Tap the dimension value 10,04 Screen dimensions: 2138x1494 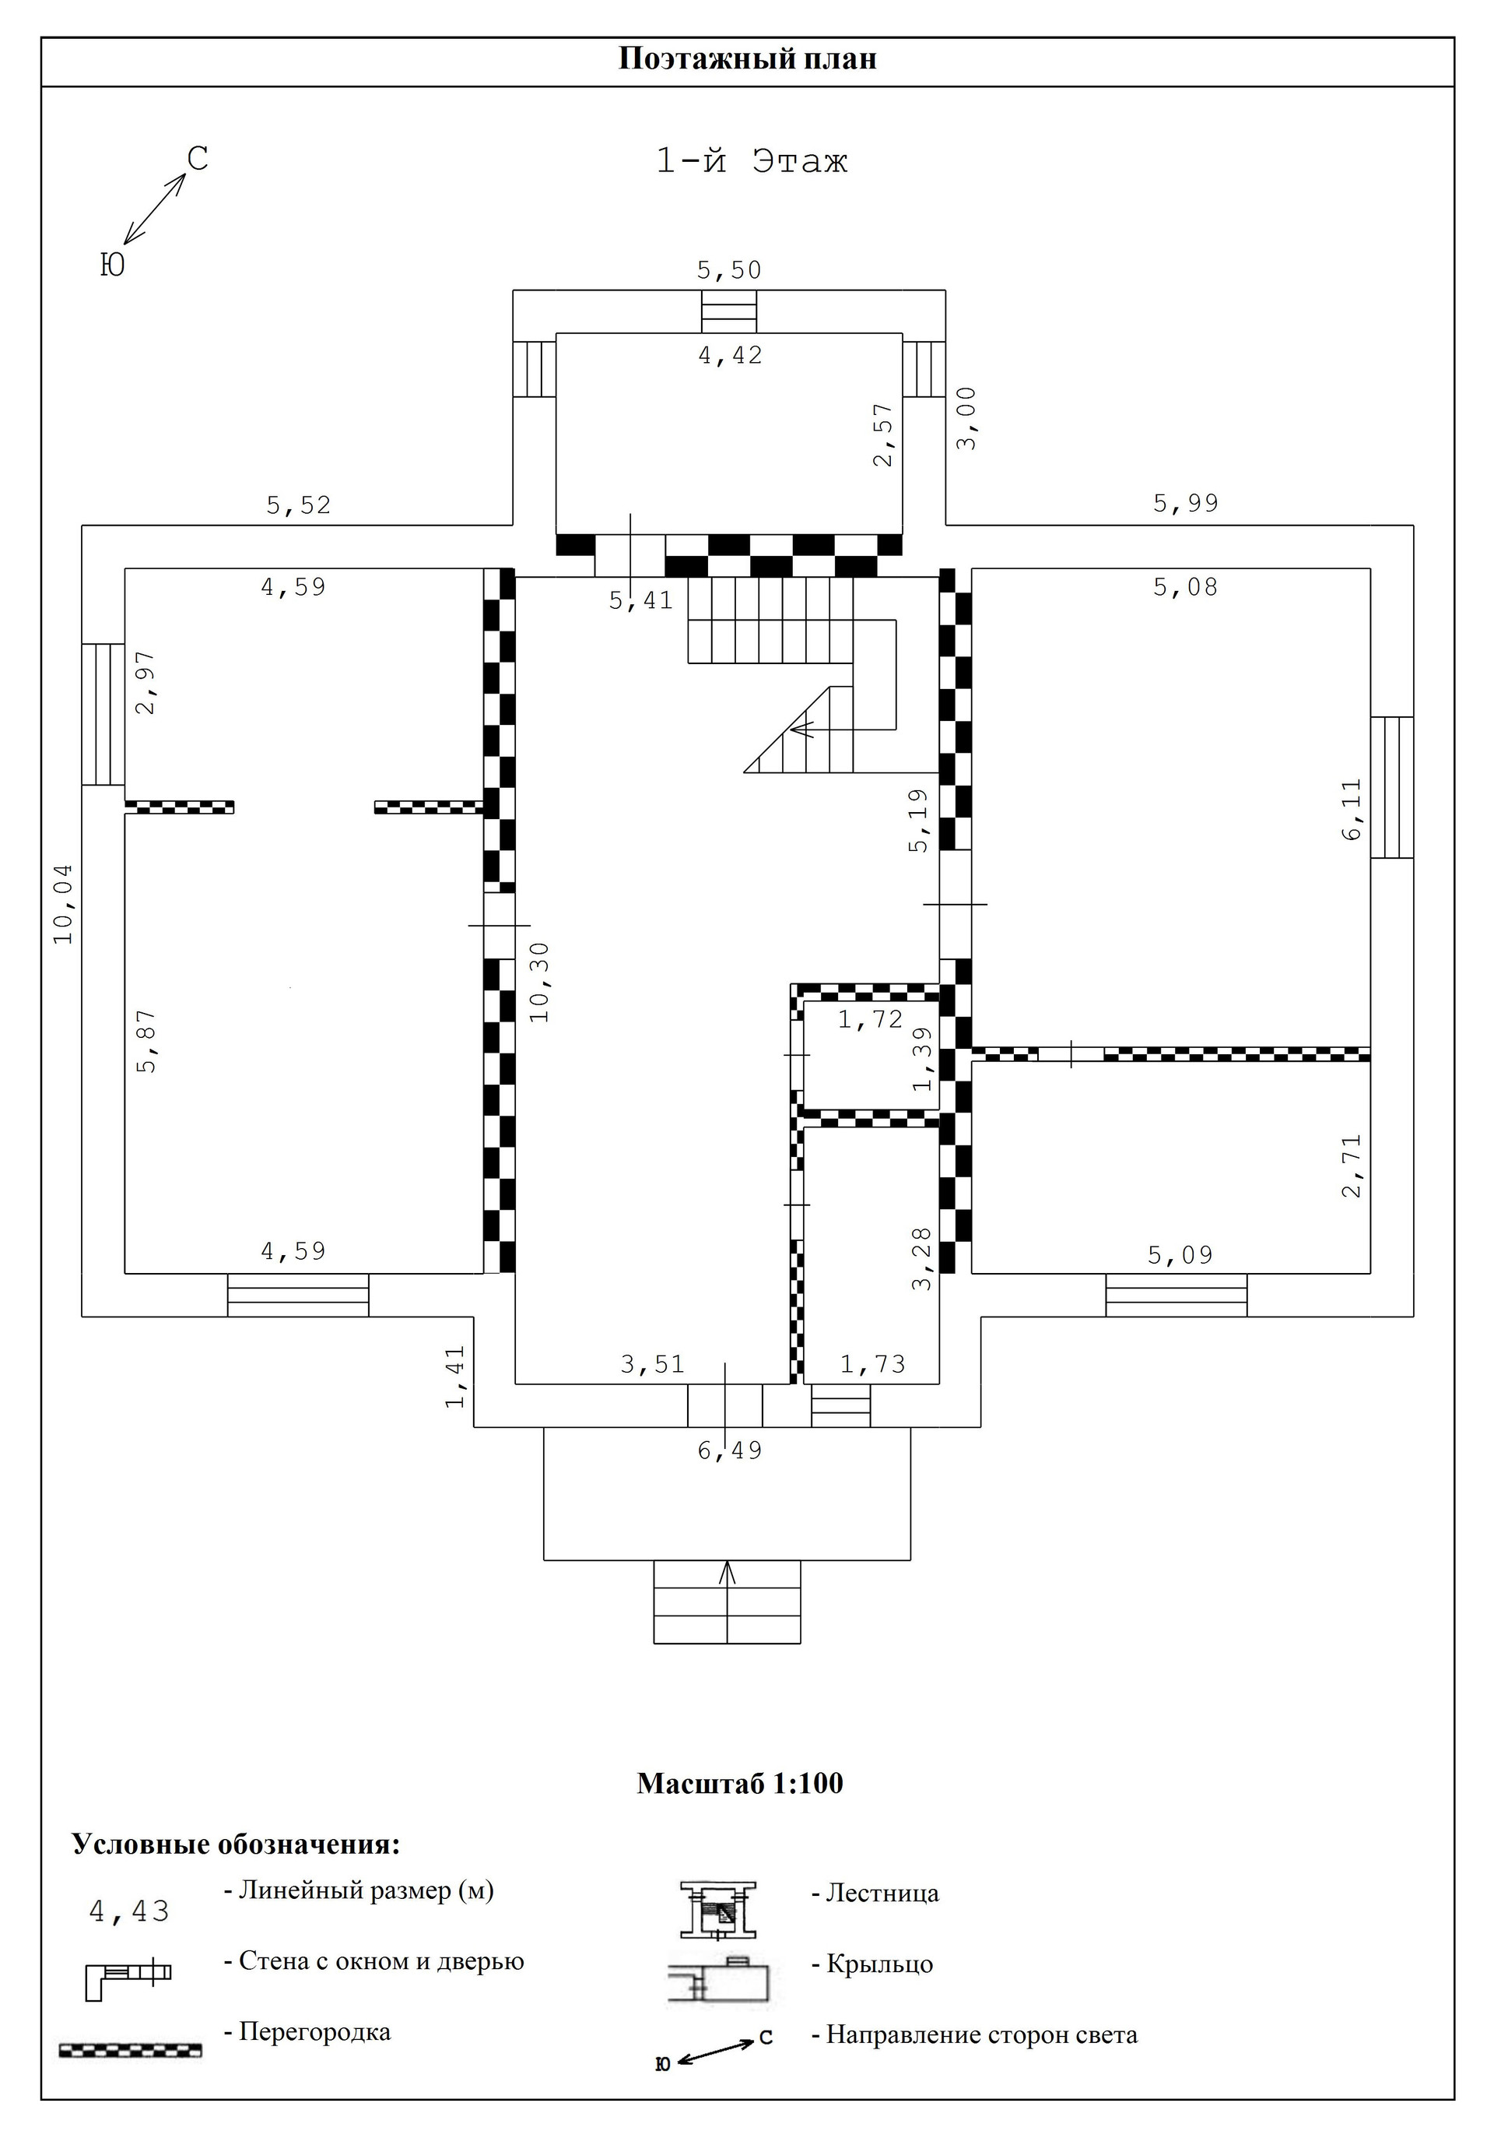[x=63, y=903]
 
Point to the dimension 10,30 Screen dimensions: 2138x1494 [x=540, y=983]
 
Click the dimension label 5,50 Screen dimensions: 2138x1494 [x=729, y=270]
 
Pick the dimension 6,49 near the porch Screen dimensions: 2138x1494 [x=730, y=1450]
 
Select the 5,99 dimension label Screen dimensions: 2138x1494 [x=1185, y=504]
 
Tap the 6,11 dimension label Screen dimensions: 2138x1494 [x=1352, y=808]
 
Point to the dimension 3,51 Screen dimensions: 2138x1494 [x=653, y=1364]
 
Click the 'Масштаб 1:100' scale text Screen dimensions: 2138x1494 [x=739, y=1783]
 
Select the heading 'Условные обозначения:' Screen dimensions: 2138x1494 [x=237, y=1844]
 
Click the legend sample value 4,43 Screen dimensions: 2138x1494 [x=129, y=1911]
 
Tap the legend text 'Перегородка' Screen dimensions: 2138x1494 [x=314, y=2031]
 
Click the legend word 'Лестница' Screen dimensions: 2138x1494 [x=882, y=1893]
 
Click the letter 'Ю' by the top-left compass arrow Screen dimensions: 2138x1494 [x=112, y=266]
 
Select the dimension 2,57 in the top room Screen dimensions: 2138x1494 [x=883, y=434]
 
